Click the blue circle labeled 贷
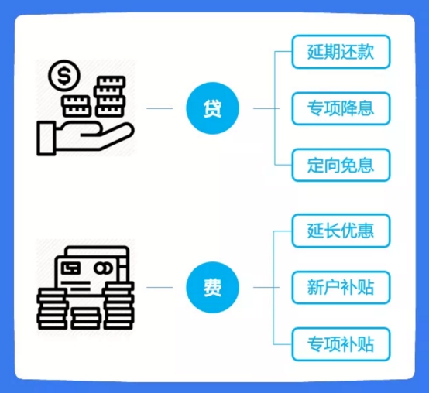[213, 108]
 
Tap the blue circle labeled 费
[213, 287]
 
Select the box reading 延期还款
[341, 52]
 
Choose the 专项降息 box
[341, 108]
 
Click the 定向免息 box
[341, 165]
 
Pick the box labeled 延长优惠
[341, 231]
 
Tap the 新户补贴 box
[341, 287]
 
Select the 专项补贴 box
[341, 344]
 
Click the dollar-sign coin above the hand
[64, 76]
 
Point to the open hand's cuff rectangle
[46, 139]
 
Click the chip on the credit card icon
[71, 268]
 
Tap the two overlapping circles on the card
[103, 268]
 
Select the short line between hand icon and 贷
[160, 108]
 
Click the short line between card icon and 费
[160, 287]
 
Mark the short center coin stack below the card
[86, 318]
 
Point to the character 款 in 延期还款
[366, 52]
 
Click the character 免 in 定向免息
[348, 165]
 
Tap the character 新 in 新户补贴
[315, 287]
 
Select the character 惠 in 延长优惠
[366, 231]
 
